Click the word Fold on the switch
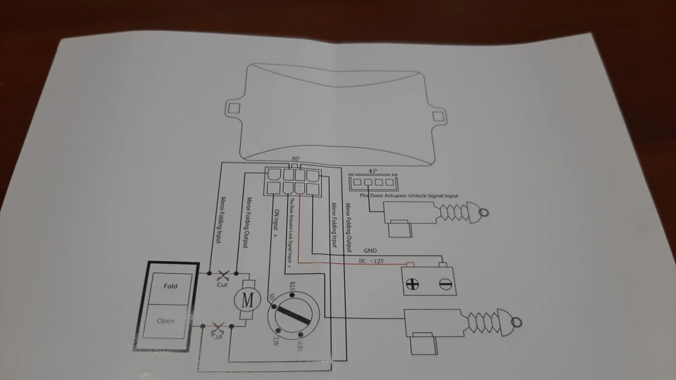[x=170, y=286]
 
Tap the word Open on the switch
[x=165, y=322]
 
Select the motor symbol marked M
[x=247, y=299]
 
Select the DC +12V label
[x=374, y=262]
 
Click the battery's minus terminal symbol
[x=444, y=284]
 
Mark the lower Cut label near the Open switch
[x=218, y=336]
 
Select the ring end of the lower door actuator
[x=516, y=323]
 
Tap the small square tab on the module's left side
[x=233, y=109]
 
